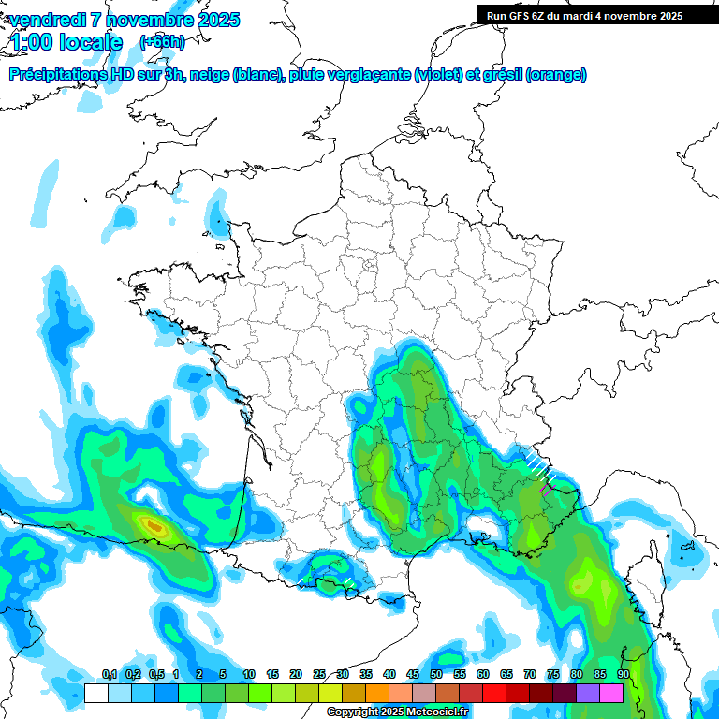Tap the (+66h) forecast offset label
click(162, 41)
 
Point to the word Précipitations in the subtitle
click(59, 75)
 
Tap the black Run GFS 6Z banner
click(597, 15)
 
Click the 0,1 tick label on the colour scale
click(110, 675)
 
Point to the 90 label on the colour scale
click(623, 675)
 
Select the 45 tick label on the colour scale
click(413, 675)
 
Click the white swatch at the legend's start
click(95, 693)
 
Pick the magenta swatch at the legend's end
click(611, 693)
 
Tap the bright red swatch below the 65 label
click(494, 693)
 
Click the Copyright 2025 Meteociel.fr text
click(397, 712)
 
